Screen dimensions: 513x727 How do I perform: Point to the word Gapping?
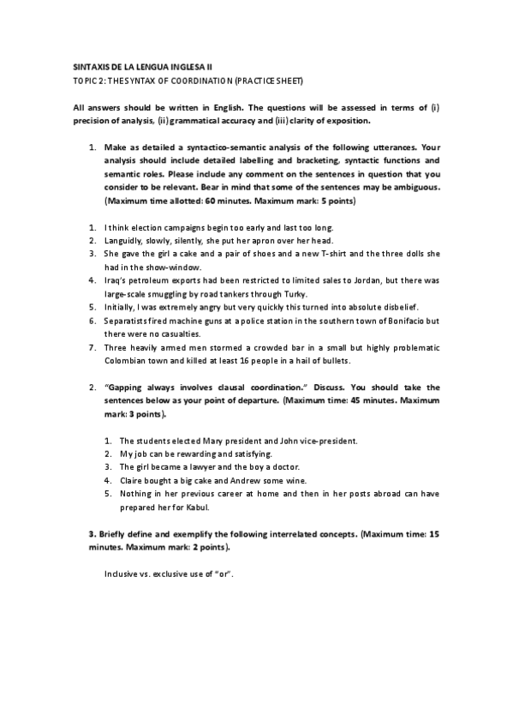123,387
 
